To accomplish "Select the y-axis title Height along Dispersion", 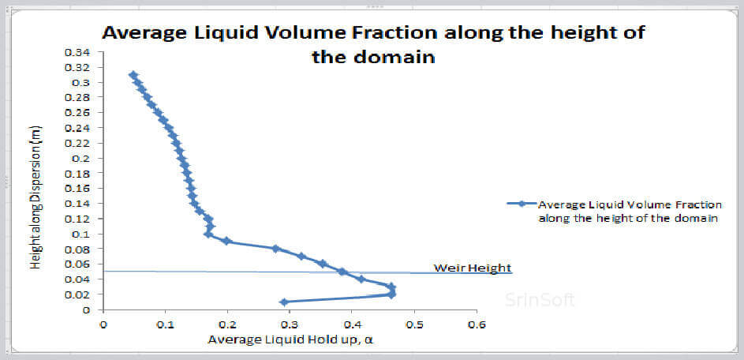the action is point(36,197).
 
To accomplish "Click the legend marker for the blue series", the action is point(521,204).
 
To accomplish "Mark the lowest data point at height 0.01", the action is point(284,302).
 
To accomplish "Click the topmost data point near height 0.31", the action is point(133,75).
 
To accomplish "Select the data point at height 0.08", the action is point(275,249).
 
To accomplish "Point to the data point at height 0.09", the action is point(226,242).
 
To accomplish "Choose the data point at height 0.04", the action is point(361,279).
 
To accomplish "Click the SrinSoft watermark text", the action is point(540,300).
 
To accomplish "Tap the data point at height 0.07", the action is point(301,257).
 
